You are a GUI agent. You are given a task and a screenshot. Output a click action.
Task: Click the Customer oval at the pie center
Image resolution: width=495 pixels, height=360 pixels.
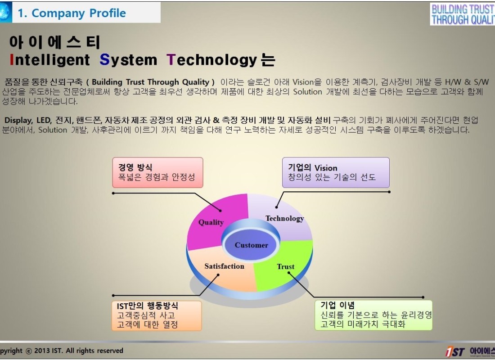pos(251,245)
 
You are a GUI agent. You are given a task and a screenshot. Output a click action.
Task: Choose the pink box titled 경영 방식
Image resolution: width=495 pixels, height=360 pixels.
pos(157,172)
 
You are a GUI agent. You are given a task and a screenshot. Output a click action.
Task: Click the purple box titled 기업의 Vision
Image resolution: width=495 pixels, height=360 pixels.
pos(336,172)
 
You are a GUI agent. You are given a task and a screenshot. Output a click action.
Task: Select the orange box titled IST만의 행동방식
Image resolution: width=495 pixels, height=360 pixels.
pos(157,315)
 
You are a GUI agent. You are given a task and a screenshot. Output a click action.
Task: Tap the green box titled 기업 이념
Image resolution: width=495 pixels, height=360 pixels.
pos(373,315)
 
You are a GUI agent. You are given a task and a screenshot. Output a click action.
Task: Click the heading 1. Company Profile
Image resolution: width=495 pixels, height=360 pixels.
pos(72,13)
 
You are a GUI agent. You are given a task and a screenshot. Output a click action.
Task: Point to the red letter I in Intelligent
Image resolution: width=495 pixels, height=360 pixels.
pos(12,60)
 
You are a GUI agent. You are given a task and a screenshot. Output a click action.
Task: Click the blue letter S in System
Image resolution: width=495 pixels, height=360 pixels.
pos(104,60)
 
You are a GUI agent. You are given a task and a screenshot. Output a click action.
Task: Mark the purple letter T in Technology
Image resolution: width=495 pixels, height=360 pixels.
pos(171,60)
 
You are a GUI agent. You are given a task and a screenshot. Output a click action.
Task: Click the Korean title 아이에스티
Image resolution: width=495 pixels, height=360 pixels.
pos(54,42)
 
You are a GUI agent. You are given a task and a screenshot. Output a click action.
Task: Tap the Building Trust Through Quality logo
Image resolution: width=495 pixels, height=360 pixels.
pos(463,14)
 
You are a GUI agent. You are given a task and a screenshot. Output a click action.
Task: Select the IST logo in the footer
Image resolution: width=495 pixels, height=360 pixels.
pos(455,351)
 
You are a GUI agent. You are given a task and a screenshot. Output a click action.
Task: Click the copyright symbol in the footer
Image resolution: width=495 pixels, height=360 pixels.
pos(29,351)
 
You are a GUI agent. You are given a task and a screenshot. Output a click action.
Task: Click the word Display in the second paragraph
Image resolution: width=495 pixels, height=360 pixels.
pos(18,120)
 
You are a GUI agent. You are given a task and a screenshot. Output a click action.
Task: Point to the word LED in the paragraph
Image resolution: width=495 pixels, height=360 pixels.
pos(44,120)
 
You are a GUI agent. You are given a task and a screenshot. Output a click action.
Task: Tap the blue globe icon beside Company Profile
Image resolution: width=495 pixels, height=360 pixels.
pos(5,12)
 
